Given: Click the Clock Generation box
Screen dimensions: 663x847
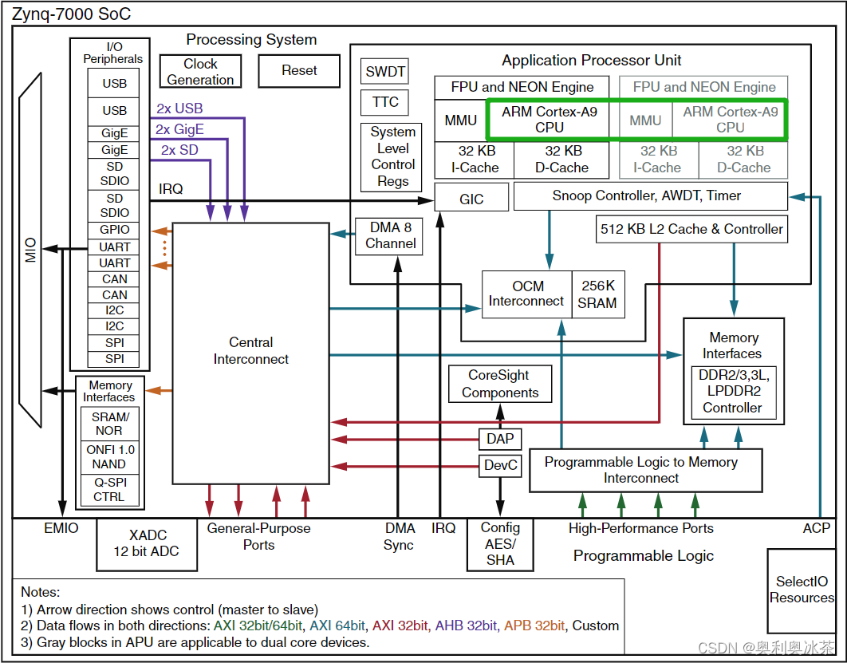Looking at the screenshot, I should pyautogui.click(x=200, y=72).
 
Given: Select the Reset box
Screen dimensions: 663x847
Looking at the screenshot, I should pyautogui.click(x=299, y=71).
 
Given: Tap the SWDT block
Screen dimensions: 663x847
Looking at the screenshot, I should pyautogui.click(x=385, y=72).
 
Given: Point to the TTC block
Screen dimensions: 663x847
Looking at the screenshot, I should pyautogui.click(x=385, y=102).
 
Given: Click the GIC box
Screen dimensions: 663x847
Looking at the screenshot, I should pyautogui.click(x=471, y=199).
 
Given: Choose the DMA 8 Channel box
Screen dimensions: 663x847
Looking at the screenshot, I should pyautogui.click(x=390, y=235).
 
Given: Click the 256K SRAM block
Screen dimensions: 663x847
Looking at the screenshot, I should pyautogui.click(x=597, y=294).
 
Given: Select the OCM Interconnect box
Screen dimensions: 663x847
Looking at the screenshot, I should pyautogui.click(x=526, y=294).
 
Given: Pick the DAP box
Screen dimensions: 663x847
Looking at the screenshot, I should pyautogui.click(x=500, y=439).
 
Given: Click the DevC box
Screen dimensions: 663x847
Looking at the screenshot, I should pyautogui.click(x=500, y=465).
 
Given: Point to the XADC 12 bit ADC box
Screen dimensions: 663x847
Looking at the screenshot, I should pyautogui.click(x=147, y=543).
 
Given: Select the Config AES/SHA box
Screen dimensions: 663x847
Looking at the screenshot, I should pyautogui.click(x=500, y=544).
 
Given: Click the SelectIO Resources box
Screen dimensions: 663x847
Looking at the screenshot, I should pyautogui.click(x=801, y=590).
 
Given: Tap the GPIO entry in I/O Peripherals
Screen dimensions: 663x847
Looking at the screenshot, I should pyautogui.click(x=115, y=230).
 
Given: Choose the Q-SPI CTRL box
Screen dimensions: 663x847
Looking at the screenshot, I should pyautogui.click(x=110, y=489).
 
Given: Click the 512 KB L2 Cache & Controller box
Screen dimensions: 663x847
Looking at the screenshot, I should pyautogui.click(x=691, y=229).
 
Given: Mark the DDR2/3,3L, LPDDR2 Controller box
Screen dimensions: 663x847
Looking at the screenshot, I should pyautogui.click(x=733, y=392).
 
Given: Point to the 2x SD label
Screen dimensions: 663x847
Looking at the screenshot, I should pyautogui.click(x=179, y=150).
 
